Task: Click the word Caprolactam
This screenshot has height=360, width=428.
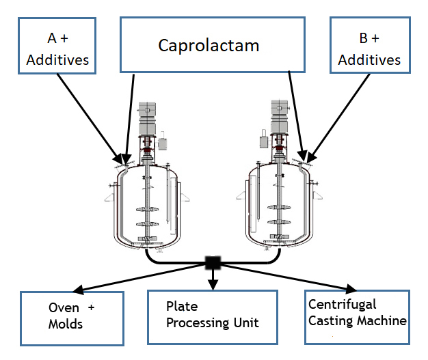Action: [209, 46]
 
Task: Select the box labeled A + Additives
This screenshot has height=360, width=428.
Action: [57, 45]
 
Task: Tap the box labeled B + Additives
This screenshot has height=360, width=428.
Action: [369, 45]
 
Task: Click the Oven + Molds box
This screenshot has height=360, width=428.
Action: [72, 318]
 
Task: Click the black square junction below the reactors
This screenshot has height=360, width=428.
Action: [213, 262]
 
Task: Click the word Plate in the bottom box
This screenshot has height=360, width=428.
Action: [180, 306]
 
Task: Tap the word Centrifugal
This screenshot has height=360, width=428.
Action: [342, 305]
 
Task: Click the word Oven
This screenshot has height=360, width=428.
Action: [62, 307]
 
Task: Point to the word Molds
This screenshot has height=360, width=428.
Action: [65, 324]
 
